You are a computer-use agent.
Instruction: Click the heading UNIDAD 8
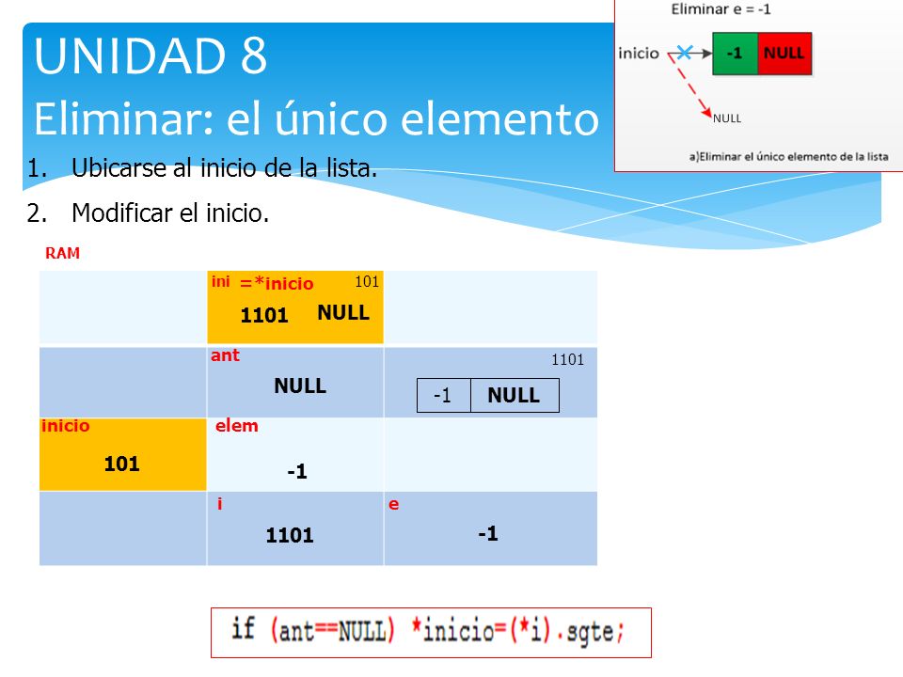[x=150, y=55]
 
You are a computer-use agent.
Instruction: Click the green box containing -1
[x=736, y=54]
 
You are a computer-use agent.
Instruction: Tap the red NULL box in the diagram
[x=784, y=54]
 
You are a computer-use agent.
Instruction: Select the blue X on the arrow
[x=684, y=53]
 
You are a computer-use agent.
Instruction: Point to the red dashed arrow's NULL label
[x=727, y=118]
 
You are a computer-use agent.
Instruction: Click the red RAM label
[x=62, y=253]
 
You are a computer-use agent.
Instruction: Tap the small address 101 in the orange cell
[x=367, y=281]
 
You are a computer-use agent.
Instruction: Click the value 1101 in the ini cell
[x=263, y=315]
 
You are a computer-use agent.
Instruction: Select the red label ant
[x=225, y=355]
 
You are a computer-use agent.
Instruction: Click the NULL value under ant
[x=300, y=386]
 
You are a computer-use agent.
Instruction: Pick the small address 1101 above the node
[x=568, y=360]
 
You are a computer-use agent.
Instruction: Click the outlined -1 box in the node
[x=443, y=395]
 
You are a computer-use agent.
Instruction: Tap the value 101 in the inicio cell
[x=121, y=464]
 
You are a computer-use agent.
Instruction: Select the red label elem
[x=237, y=425]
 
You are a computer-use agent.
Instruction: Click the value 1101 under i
[x=289, y=535]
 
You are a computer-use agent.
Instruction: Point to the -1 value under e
[x=488, y=533]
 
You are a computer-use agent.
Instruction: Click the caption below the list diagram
[x=788, y=157]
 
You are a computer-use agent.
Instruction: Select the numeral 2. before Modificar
[x=37, y=213]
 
